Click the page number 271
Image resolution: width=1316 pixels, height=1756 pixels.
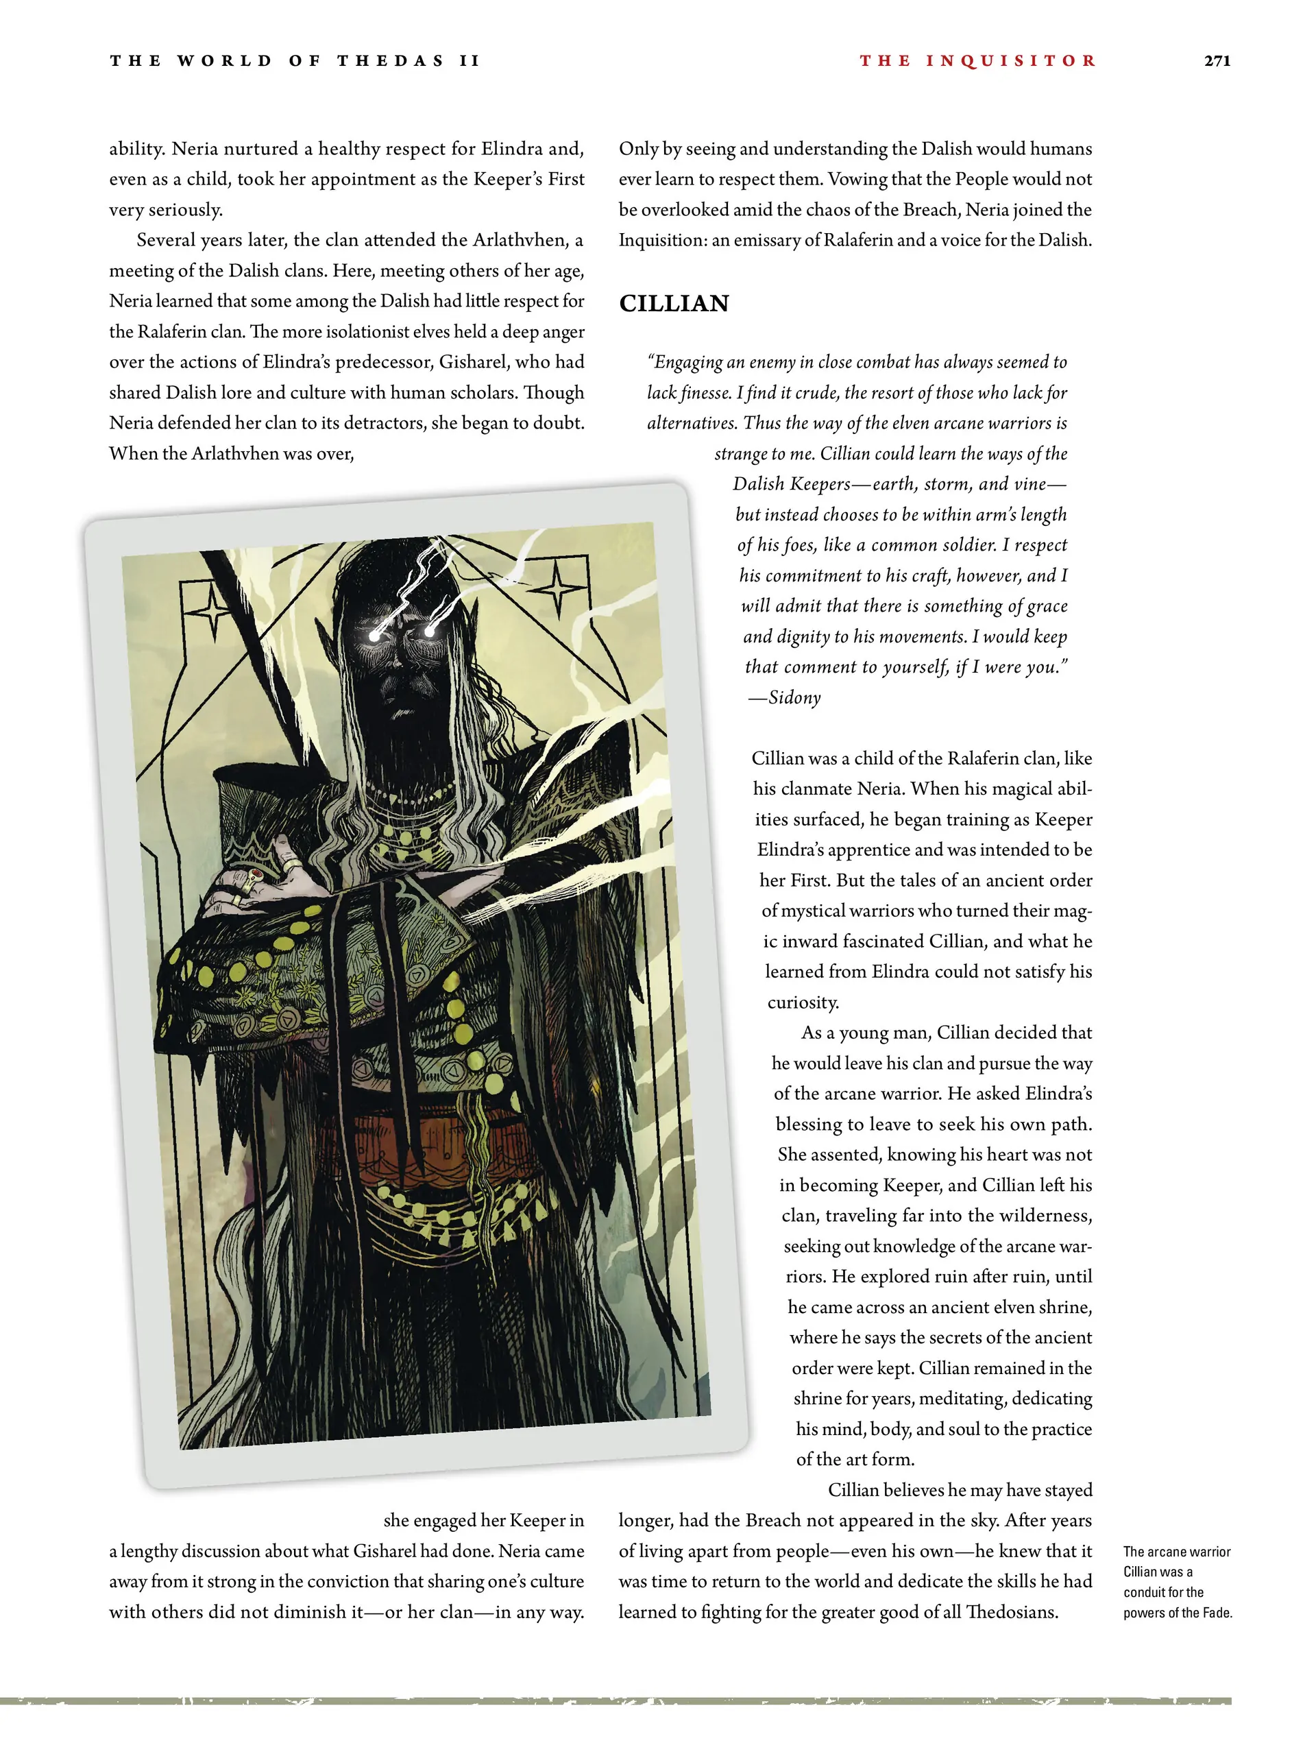pos(1216,60)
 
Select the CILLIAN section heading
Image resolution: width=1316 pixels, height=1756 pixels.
pos(673,303)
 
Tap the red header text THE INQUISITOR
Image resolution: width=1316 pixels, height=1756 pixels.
pos(977,60)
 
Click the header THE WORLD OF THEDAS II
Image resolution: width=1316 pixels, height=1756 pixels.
pos(295,60)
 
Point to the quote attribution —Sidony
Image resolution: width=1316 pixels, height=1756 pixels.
pos(785,698)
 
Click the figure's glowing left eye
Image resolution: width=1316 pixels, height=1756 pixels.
pos(374,636)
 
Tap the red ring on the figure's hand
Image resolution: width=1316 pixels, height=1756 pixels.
pos(256,876)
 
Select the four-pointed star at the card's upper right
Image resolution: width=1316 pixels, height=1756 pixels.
pos(558,588)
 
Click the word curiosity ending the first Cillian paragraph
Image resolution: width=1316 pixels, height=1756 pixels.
pos(803,1002)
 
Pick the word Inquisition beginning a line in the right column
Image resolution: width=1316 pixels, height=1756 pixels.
pos(661,240)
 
